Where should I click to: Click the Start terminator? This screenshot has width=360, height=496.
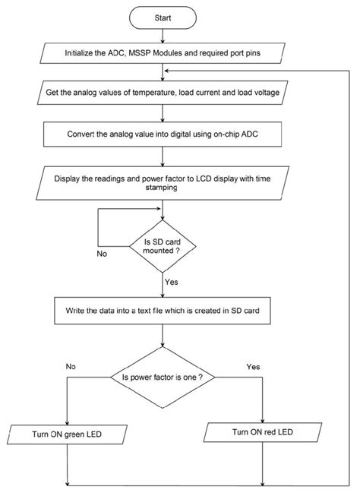point(163,17)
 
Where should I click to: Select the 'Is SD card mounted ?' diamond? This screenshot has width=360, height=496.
point(163,246)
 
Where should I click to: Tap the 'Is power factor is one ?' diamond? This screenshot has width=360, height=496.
point(163,378)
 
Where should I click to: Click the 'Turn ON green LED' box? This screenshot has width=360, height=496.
point(67,434)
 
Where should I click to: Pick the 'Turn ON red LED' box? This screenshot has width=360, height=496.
point(263,432)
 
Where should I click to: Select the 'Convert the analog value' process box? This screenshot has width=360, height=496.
point(163,134)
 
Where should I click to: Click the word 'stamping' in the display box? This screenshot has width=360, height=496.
point(161,188)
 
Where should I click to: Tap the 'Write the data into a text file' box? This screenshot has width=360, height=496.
point(163,311)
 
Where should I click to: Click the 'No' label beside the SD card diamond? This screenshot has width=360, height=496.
point(102,254)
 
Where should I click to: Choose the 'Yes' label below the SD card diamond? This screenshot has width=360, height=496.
point(172,282)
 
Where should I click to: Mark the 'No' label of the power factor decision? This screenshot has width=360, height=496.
point(71,366)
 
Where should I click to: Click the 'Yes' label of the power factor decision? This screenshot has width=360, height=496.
point(253,367)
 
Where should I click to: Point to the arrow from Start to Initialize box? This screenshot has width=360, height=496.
point(163,36)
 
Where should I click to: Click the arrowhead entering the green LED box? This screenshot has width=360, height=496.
point(67,423)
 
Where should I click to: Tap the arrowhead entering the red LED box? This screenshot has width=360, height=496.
point(263,420)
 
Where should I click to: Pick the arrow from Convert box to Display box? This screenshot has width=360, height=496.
point(163,156)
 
